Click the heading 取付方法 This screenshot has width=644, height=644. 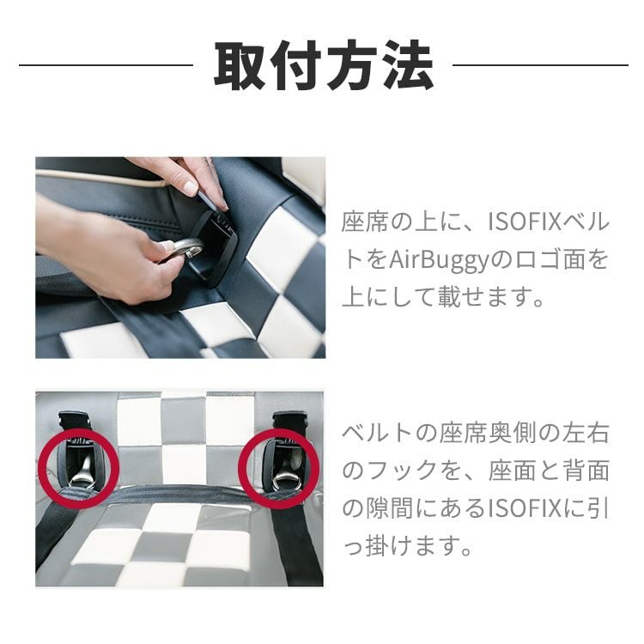tap(324, 65)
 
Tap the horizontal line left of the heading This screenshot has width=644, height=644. tap(106, 65)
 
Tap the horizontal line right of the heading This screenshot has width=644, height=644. tap(540, 65)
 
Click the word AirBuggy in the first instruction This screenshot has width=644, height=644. tap(439, 260)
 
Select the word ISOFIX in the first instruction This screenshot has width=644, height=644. tap(525, 222)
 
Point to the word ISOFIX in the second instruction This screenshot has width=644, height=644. tap(525, 509)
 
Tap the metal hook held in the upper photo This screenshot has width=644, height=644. tap(184, 249)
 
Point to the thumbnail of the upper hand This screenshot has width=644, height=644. tap(190, 187)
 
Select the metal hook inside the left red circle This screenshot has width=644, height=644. tap(81, 477)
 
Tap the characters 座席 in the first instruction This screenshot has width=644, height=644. tap(365, 222)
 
